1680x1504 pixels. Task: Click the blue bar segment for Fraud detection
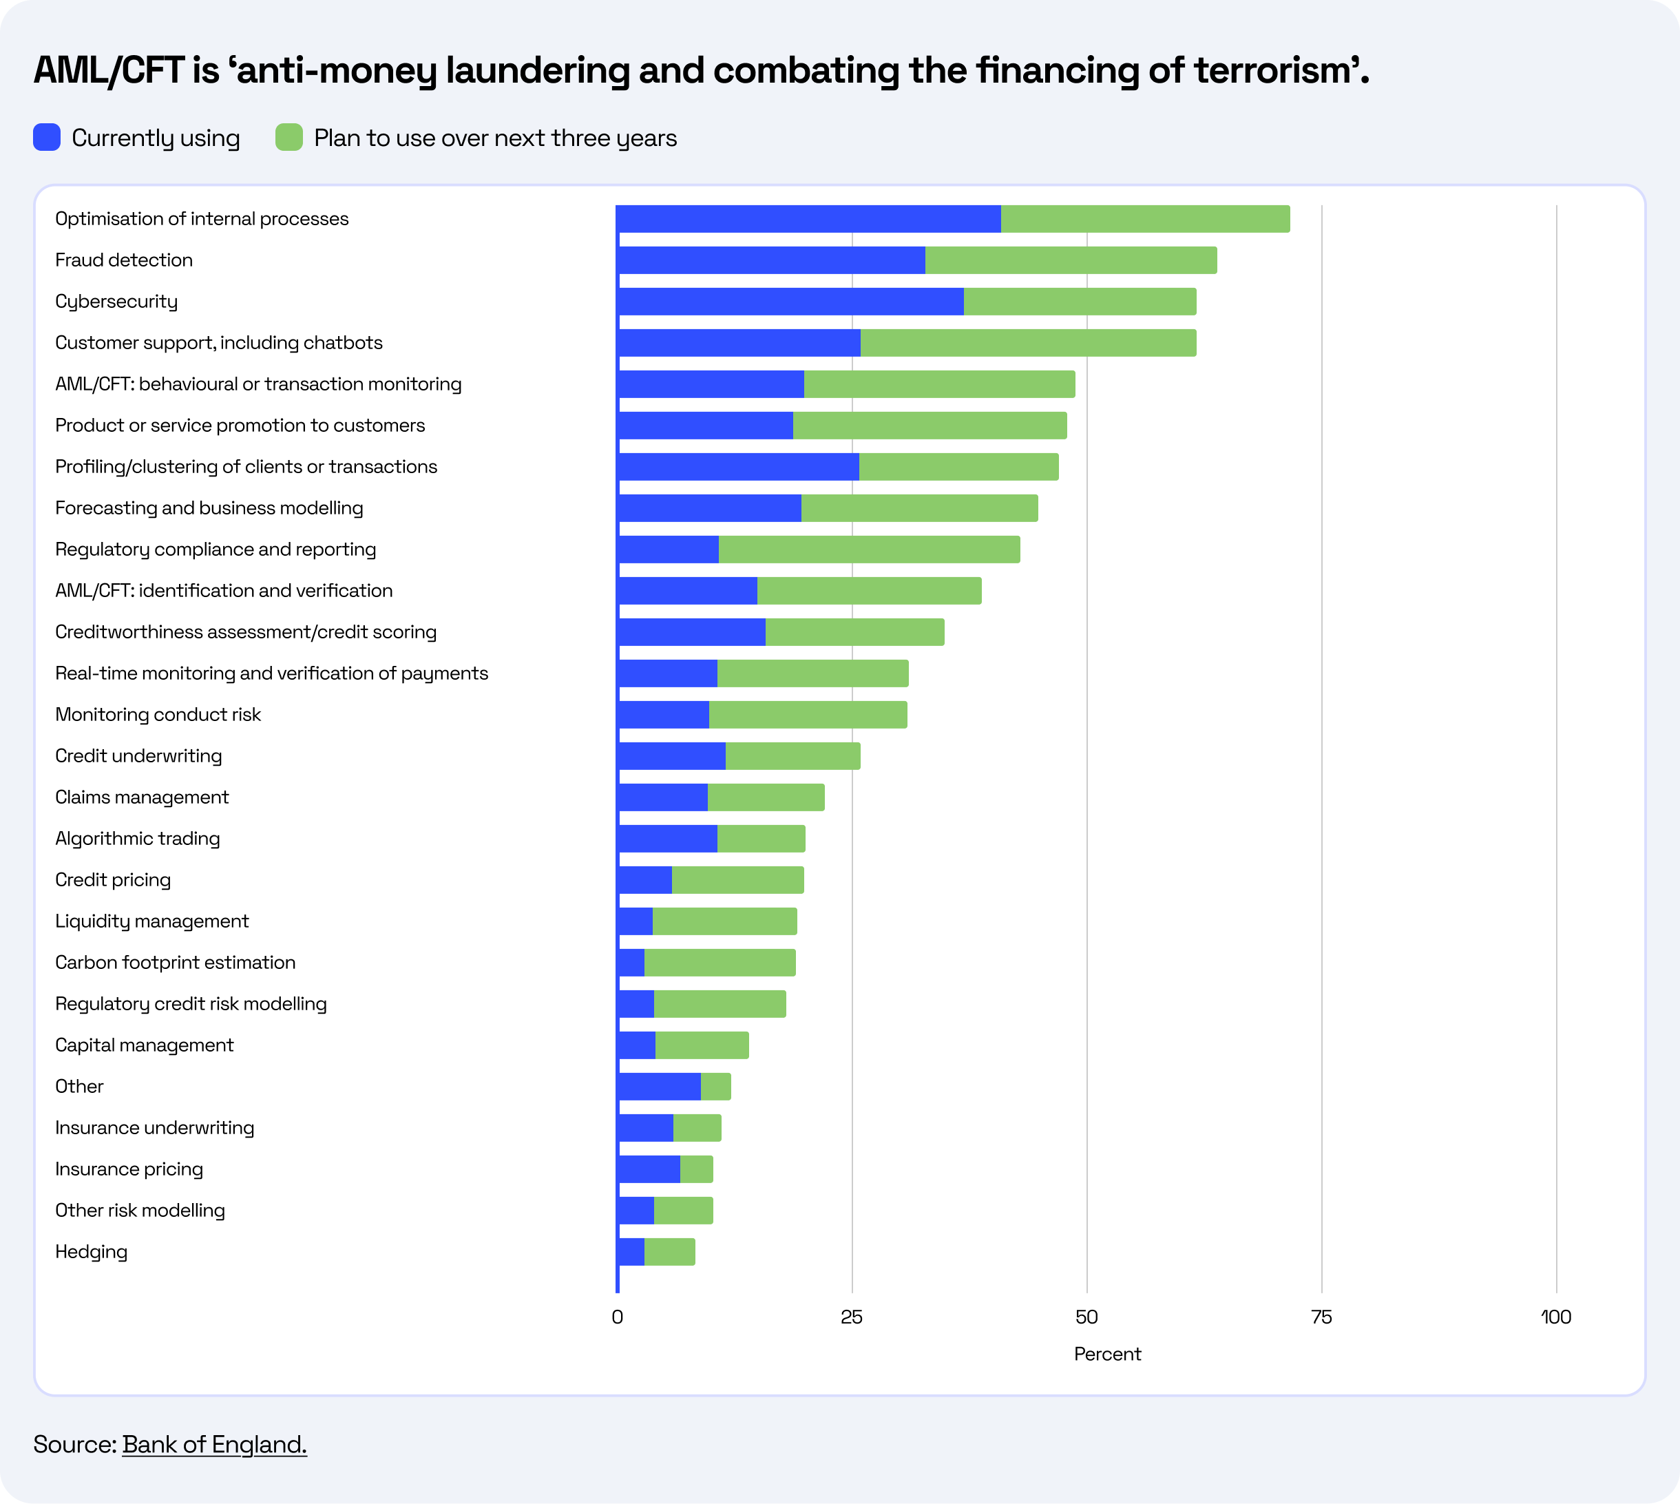[770, 260]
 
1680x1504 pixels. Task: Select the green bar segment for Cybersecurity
[1079, 302]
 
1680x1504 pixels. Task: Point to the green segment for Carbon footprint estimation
[719, 963]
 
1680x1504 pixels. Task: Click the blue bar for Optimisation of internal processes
[808, 219]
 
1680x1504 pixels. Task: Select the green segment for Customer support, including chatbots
[1027, 343]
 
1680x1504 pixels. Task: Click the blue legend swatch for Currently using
[47, 137]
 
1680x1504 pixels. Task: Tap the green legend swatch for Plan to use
[289, 137]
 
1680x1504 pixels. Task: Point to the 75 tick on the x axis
[1321, 1317]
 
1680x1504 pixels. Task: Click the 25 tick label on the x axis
[851, 1317]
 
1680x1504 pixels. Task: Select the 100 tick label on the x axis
[1556, 1317]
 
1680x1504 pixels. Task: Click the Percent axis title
[1106, 1354]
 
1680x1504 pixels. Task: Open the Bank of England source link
[214, 1443]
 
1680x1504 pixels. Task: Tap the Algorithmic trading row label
[137, 839]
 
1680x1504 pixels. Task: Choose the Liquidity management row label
[151, 921]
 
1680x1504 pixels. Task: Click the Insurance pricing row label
[129, 1169]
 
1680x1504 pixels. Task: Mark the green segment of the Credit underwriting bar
[792, 756]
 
